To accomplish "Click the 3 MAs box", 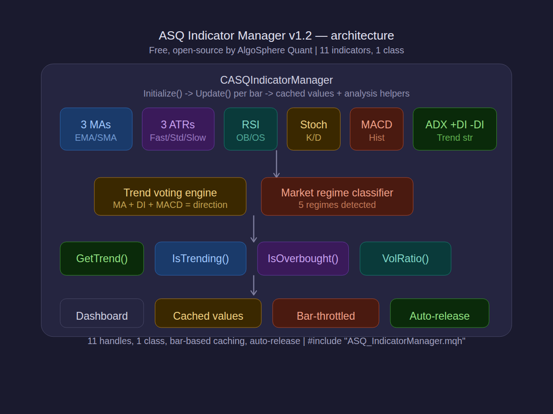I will pyautogui.click(x=96, y=129).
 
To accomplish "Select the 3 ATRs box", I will pyautogui.click(x=178, y=129).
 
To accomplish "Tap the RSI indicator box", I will pyautogui.click(x=250, y=129).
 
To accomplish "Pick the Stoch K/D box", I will pyautogui.click(x=313, y=129).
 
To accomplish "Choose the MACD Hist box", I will pyautogui.click(x=377, y=129).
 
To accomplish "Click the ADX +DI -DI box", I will pyautogui.click(x=454, y=129).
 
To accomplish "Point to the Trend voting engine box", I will pyautogui.click(x=170, y=196).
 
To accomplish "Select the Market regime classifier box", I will pyautogui.click(x=337, y=196).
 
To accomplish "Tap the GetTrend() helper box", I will pyautogui.click(x=102, y=259).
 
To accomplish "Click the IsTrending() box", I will pyautogui.click(x=200, y=259).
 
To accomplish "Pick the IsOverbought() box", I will pyautogui.click(x=303, y=259).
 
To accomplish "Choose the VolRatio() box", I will pyautogui.click(x=405, y=259).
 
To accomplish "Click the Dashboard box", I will pyautogui.click(x=102, y=313).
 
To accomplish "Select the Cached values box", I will pyautogui.click(x=208, y=313).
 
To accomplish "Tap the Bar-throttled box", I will pyautogui.click(x=325, y=313).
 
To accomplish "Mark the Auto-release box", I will pyautogui.click(x=439, y=313).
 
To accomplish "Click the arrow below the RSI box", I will pyautogui.click(x=276, y=164).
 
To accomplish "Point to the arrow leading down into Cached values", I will pyautogui.click(x=253, y=286).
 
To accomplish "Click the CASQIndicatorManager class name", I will pyautogui.click(x=276, y=80).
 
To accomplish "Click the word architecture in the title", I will pyautogui.click(x=362, y=35).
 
